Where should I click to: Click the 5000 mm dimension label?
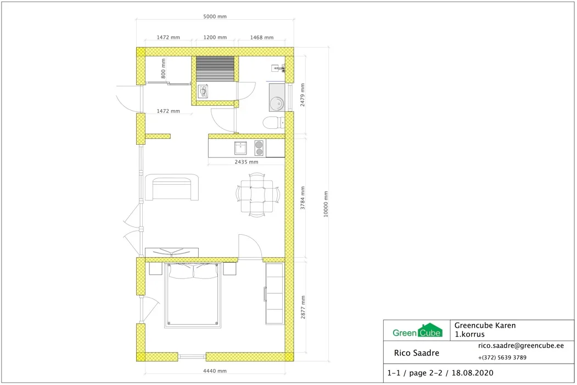click(215, 16)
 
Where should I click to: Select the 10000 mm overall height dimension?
click(326, 204)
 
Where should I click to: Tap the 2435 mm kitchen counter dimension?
click(246, 162)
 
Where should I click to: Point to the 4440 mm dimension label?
click(215, 371)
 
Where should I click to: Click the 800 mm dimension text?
click(164, 69)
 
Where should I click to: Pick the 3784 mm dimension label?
click(302, 198)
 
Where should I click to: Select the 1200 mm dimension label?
click(215, 37)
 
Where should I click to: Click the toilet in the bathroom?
click(274, 122)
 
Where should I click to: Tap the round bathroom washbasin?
click(276, 103)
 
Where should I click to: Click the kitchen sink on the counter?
click(240, 148)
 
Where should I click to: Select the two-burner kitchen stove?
click(259, 148)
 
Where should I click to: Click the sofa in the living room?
click(172, 188)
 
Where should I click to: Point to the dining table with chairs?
click(257, 196)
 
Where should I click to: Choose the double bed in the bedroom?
click(193, 295)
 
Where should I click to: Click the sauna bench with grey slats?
click(215, 69)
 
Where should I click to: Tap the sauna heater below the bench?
click(203, 92)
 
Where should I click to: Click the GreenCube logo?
click(417, 331)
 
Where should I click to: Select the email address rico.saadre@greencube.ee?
click(520, 346)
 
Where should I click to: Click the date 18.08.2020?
click(473, 373)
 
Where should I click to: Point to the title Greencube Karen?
click(485, 325)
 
